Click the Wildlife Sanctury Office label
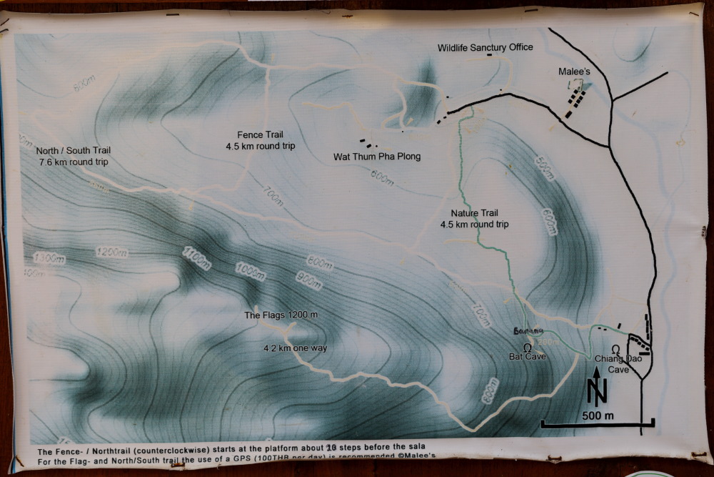[x=485, y=48]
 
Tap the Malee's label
[x=575, y=72]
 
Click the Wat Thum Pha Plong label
[x=377, y=157]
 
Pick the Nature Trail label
[x=474, y=219]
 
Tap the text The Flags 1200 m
[x=281, y=315]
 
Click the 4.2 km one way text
[x=291, y=348]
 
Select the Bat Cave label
[x=528, y=356]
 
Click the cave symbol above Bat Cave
[x=528, y=347]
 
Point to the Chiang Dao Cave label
[x=616, y=365]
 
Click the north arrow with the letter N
[x=597, y=388]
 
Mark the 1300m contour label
[x=48, y=258]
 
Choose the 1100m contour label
[x=196, y=257]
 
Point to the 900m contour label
[x=309, y=280]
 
